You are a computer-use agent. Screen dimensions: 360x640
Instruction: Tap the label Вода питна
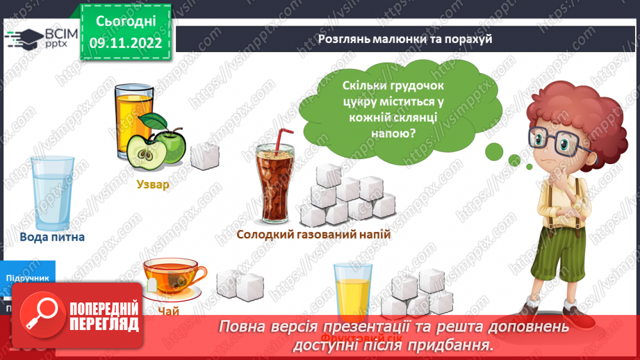point(52,237)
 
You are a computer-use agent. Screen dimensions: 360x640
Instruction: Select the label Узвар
point(152,186)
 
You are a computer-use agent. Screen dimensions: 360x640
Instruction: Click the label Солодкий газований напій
point(313,235)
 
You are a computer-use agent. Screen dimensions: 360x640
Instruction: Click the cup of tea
point(173,277)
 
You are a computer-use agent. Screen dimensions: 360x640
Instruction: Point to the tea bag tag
point(151,287)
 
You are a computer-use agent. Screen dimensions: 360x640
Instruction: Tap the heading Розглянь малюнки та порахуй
point(405,39)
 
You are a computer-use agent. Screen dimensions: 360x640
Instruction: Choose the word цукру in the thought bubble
point(361,101)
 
